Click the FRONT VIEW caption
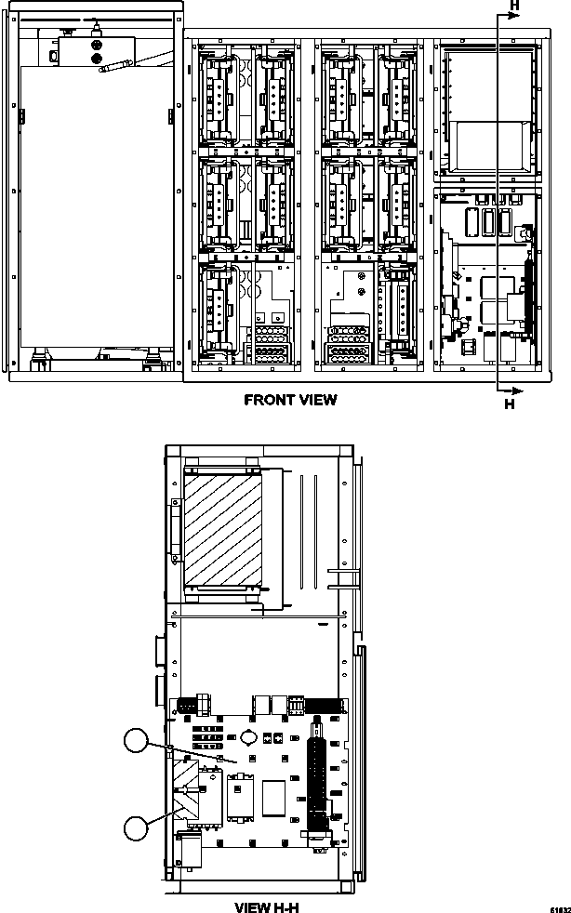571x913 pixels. tap(289, 401)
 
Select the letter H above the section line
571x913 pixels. tap(512, 7)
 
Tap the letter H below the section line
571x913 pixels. tap(509, 404)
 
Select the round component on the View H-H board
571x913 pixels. tap(249, 736)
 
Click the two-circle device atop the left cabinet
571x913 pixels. tap(96, 49)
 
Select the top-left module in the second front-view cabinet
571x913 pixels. tap(220, 94)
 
